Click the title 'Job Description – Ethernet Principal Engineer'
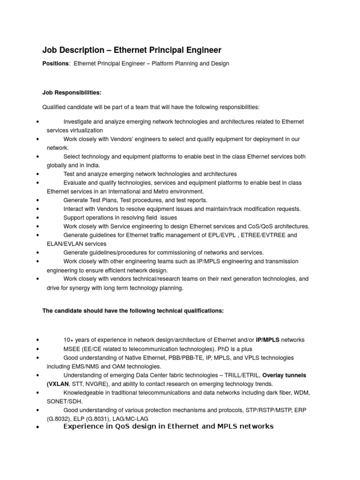(x=132, y=50)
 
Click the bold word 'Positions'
(x=55, y=63)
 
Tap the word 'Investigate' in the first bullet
(x=78, y=122)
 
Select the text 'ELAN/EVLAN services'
(x=76, y=244)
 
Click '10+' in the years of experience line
(x=68, y=339)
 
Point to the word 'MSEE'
(x=72, y=348)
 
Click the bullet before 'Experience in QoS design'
(x=37, y=428)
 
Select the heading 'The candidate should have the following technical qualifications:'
(x=133, y=310)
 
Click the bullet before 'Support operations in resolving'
(x=37, y=218)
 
